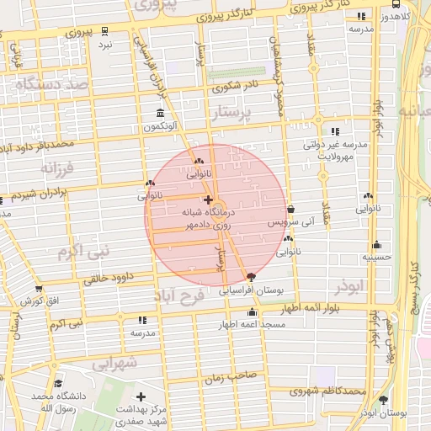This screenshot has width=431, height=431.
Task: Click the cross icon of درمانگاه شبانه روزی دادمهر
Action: [x=208, y=200]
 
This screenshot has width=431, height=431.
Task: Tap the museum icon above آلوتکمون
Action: [x=160, y=114]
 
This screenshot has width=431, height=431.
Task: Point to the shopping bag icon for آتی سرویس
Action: [x=290, y=209]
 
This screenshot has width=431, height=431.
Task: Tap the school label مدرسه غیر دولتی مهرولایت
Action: [x=336, y=150]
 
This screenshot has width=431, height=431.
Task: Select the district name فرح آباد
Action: [x=180, y=296]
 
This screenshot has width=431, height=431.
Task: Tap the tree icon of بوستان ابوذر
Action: [x=384, y=400]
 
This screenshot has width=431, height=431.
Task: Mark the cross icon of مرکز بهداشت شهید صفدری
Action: [x=141, y=396]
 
